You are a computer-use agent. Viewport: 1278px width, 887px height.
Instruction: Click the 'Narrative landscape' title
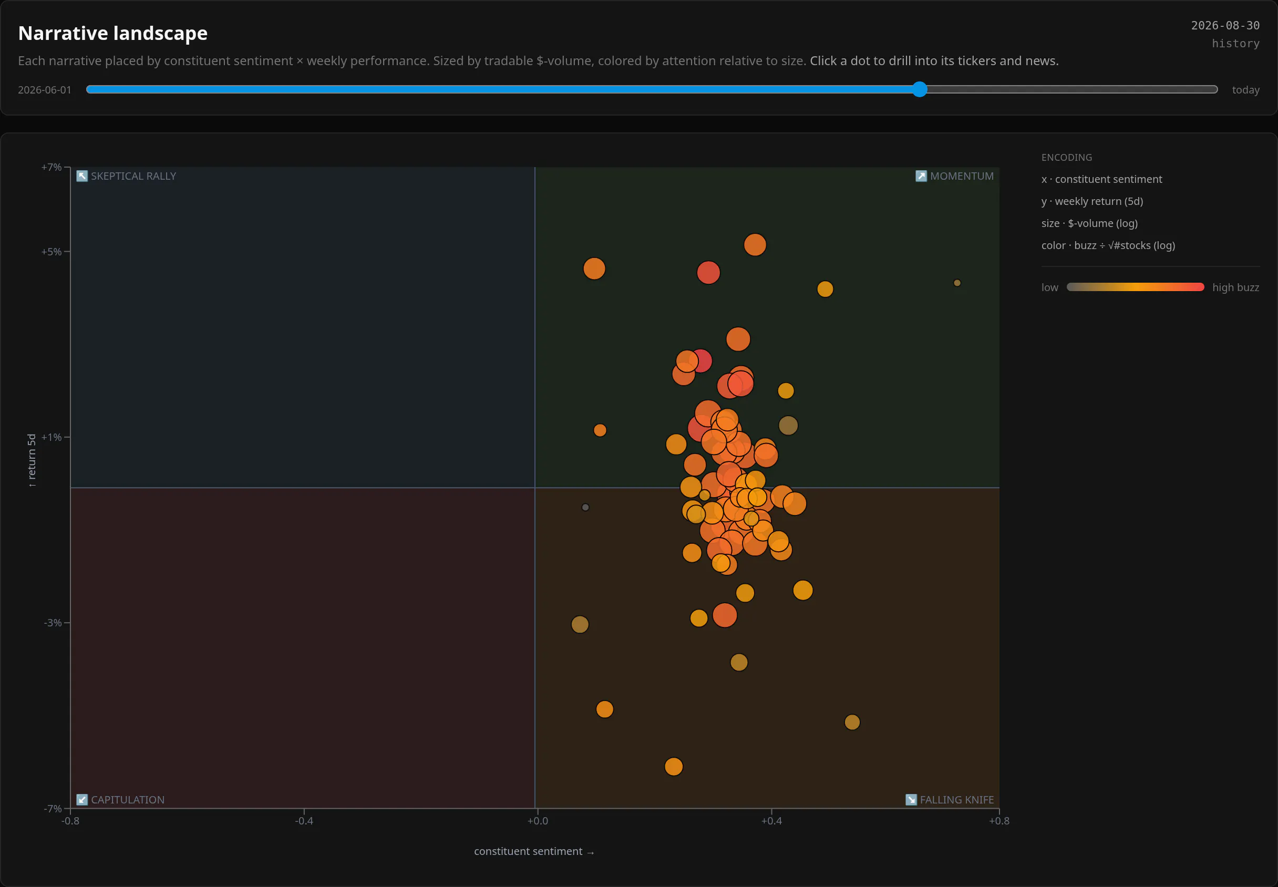coord(113,33)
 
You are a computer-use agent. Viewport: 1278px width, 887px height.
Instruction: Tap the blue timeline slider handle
coord(920,89)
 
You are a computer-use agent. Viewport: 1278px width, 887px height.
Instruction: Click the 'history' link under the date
coord(1235,43)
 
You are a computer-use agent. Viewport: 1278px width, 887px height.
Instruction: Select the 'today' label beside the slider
coord(1245,90)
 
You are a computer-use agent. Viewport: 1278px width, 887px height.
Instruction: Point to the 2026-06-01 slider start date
coord(45,90)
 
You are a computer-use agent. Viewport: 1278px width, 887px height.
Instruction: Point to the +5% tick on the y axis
coord(51,252)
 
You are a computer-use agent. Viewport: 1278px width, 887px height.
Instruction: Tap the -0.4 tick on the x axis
coord(304,821)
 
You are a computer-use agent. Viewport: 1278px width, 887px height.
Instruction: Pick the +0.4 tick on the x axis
coord(771,821)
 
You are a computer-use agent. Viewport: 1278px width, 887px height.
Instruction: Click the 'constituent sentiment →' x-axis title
coord(534,851)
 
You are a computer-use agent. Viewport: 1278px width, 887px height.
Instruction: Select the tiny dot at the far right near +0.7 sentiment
coord(957,283)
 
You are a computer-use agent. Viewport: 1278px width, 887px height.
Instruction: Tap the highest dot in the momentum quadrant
coord(755,245)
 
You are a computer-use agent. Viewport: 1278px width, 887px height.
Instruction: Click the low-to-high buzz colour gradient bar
coord(1135,287)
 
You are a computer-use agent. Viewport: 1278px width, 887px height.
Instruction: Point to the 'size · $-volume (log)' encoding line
coord(1089,223)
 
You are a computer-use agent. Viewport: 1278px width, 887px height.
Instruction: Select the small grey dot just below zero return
coord(585,508)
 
